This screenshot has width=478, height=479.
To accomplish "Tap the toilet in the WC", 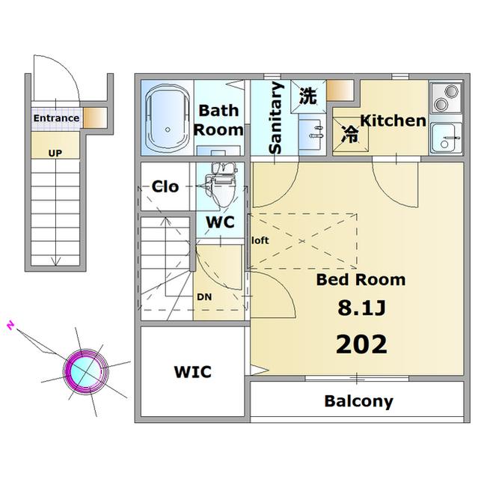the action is tap(221, 185).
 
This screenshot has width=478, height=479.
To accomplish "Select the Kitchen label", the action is tap(393, 121).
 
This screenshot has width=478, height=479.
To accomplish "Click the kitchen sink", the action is tap(446, 138).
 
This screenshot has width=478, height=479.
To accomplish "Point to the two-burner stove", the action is tap(446, 98).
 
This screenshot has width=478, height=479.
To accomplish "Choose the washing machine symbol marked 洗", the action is tap(308, 97).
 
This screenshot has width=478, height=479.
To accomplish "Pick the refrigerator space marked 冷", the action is tap(350, 135).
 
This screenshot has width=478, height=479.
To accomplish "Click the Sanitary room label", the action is tap(275, 118).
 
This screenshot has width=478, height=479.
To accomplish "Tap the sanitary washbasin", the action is tap(312, 135).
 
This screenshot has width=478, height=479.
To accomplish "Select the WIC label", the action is tap(192, 372).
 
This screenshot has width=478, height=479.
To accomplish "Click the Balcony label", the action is tap(358, 401).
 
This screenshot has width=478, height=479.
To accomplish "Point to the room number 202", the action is tap(361, 344).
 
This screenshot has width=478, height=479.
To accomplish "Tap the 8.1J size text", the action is tap(361, 308).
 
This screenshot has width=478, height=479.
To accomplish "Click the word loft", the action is tap(260, 241).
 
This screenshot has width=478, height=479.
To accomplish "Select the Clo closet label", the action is tap(165, 186).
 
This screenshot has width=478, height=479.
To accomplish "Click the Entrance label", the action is tap(56, 118).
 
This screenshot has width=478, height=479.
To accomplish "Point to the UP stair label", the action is tap(55, 153).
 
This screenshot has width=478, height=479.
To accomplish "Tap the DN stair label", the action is tap(204, 297).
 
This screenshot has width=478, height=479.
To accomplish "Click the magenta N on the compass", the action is tap(11, 326).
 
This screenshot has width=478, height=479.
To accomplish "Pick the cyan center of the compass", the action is tap(85, 371).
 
